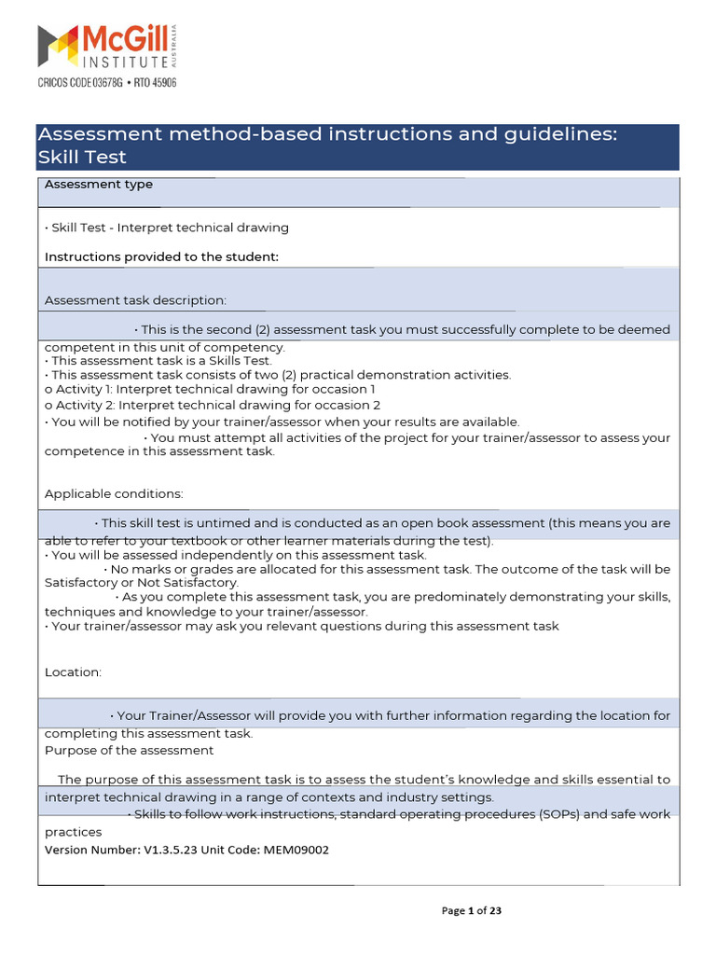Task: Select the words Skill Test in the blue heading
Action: [x=82, y=158]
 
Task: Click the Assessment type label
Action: [x=98, y=185]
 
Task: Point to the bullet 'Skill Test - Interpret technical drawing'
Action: [x=167, y=228]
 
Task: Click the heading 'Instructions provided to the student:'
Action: [x=161, y=257]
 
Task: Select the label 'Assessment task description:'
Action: [x=135, y=300]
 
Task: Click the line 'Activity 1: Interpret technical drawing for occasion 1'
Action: [x=210, y=389]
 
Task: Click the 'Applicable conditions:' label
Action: [x=114, y=493]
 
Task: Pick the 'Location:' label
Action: [x=73, y=672]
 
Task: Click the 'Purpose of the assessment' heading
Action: [x=129, y=750]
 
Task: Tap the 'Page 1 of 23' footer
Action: [x=471, y=911]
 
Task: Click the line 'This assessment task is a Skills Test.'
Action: [x=158, y=361]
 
